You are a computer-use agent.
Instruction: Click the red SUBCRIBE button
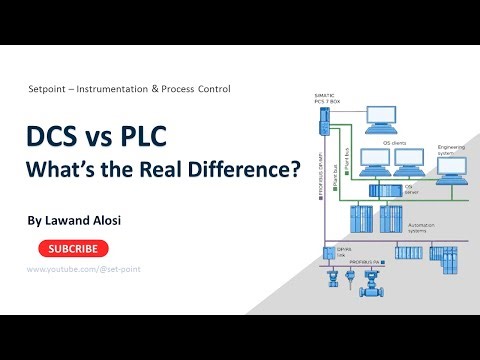74,248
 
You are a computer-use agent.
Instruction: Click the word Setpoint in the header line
53,89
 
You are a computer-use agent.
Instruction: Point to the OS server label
408,188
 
